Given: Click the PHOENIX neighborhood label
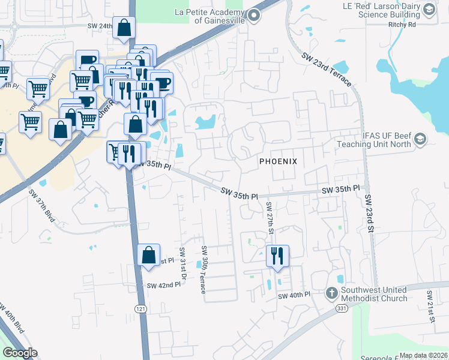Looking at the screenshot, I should point(278,162).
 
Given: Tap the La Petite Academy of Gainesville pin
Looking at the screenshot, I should point(253,16).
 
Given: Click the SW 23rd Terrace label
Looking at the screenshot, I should point(327,70).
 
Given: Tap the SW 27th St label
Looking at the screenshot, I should point(270,218).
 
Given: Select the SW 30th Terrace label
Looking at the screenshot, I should point(204,269).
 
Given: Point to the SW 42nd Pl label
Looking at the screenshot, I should point(163,286).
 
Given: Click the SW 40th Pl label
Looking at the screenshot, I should point(294,296).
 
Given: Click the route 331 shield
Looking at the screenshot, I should point(342,308).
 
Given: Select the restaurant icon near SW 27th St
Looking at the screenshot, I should point(277,256).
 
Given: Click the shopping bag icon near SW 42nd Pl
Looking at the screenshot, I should point(148,255).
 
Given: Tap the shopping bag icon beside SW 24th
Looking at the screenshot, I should point(124,28).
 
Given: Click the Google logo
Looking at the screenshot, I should point(20,353).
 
